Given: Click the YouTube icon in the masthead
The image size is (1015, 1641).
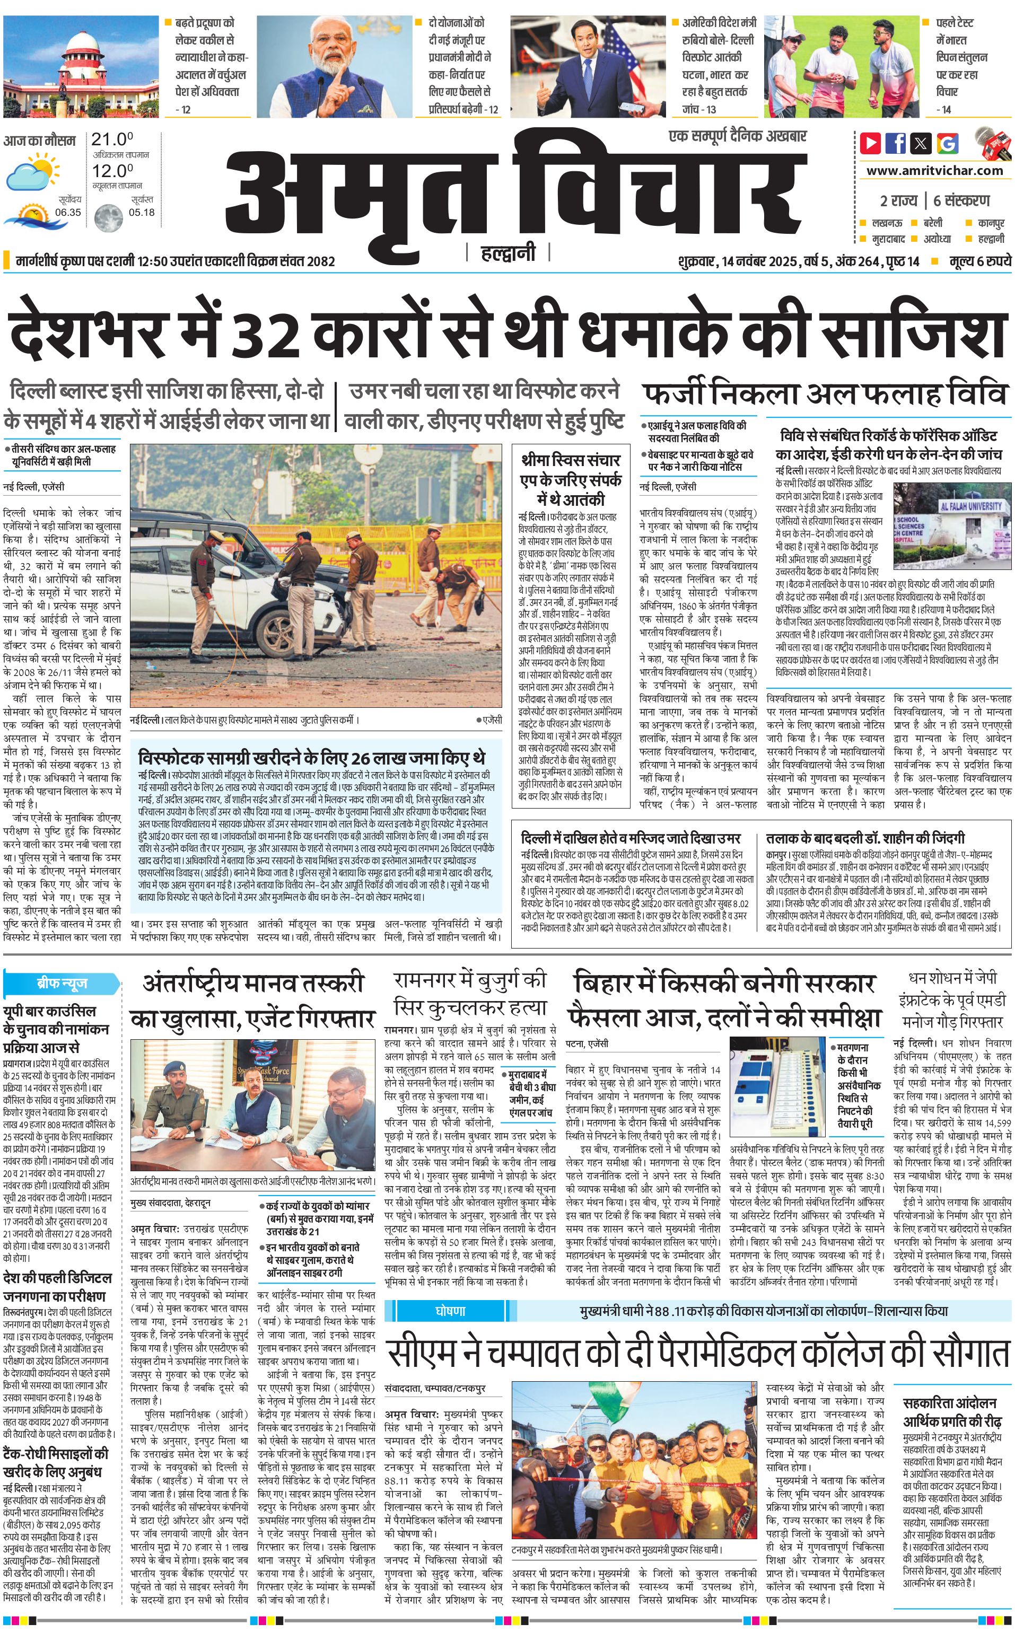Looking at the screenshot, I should click(x=871, y=143).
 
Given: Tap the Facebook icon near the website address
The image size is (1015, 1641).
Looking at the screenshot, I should click(x=896, y=143).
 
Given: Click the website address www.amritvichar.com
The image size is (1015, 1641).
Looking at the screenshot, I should click(x=934, y=171).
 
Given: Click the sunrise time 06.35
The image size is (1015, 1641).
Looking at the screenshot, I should click(x=68, y=212).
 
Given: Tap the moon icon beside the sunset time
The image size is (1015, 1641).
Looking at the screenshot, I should click(x=108, y=217).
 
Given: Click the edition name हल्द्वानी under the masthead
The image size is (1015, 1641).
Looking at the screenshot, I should click(x=507, y=253).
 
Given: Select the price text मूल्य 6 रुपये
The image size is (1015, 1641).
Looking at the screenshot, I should click(x=979, y=261).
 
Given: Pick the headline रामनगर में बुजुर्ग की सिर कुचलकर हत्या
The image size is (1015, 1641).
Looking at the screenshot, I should click(x=470, y=994).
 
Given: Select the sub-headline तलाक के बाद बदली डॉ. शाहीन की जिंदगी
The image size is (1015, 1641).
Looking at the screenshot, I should click(x=865, y=838).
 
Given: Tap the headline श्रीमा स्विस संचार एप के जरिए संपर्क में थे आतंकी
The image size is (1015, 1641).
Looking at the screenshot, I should click(x=571, y=480).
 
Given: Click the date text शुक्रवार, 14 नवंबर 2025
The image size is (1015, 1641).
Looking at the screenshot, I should click(x=738, y=261).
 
